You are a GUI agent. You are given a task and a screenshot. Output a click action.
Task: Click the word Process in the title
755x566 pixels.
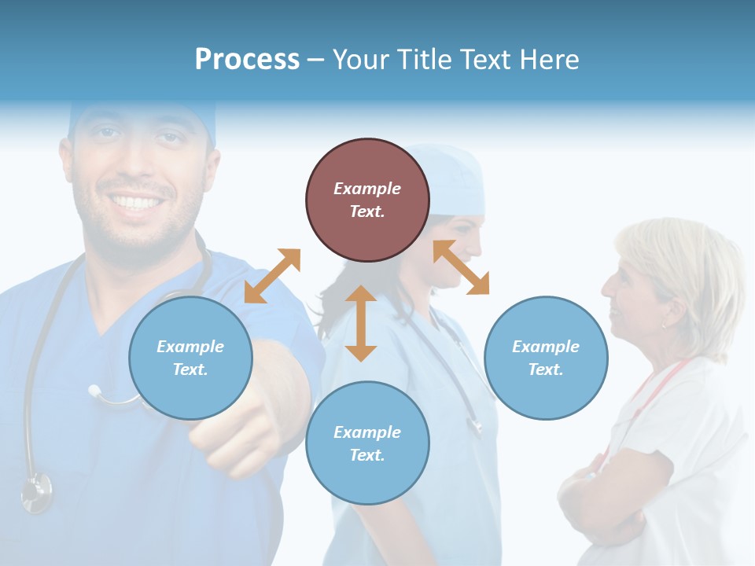click(247, 60)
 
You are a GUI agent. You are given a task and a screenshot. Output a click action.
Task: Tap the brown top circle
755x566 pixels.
click(367, 200)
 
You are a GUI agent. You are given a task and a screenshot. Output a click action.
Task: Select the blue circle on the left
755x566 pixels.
click(190, 358)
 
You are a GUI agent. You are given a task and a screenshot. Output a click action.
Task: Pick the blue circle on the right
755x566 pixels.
click(546, 358)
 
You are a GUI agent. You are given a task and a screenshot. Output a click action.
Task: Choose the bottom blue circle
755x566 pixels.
click(367, 443)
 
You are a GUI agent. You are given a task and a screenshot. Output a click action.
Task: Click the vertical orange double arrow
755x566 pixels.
click(361, 323)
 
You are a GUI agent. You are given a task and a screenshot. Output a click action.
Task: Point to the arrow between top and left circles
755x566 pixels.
click(272, 276)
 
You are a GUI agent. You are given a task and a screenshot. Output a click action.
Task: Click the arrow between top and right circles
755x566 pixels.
click(462, 267)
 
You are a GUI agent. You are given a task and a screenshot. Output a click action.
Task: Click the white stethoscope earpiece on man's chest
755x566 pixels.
click(95, 391)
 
